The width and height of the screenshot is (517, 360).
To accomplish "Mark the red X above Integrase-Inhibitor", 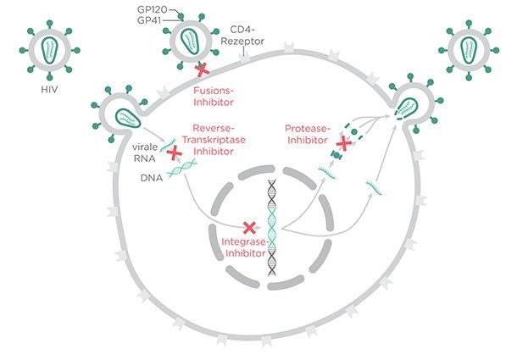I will click(x=249, y=227).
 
